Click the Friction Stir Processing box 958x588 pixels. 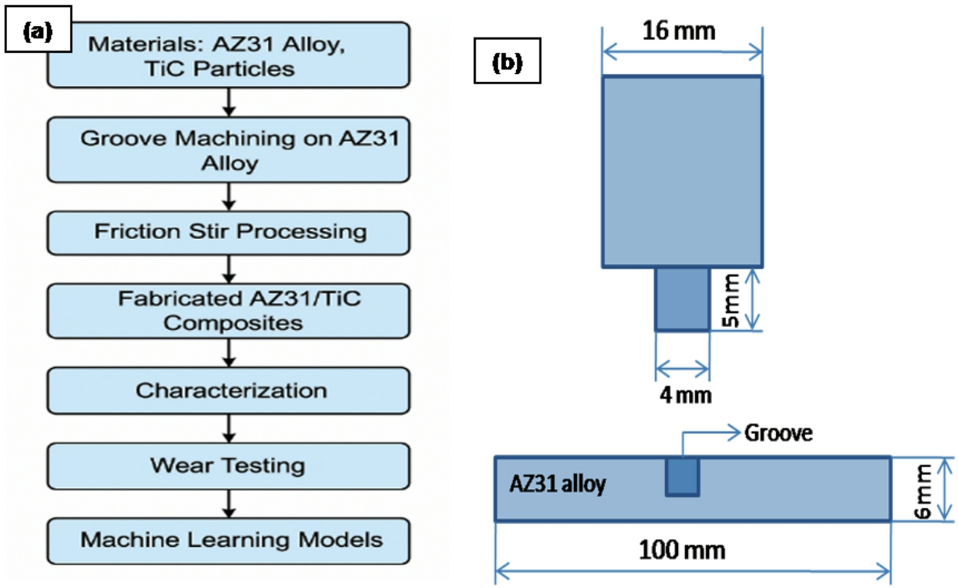click(x=228, y=233)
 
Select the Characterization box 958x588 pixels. click(x=228, y=391)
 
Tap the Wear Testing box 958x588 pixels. click(x=228, y=466)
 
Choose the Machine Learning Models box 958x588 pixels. click(x=228, y=540)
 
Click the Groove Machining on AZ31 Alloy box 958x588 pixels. click(x=228, y=150)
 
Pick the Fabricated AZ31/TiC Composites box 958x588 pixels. click(x=228, y=311)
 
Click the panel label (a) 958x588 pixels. click(x=38, y=30)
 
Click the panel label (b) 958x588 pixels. click(x=507, y=61)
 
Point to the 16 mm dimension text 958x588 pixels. click(x=679, y=30)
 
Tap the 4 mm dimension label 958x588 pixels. click(x=685, y=395)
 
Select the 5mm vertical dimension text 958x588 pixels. click(x=730, y=300)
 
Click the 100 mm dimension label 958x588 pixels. click(x=682, y=550)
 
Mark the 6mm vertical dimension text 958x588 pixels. click(x=923, y=491)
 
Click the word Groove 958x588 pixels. click(x=778, y=433)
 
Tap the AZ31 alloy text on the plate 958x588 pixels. click(x=557, y=483)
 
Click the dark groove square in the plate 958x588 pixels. click(x=682, y=476)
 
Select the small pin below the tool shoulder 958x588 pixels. click(x=682, y=299)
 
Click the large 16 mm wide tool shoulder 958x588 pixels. click(x=682, y=171)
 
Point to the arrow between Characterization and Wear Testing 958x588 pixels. click(x=229, y=428)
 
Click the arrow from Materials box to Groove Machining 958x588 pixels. click(x=229, y=102)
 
